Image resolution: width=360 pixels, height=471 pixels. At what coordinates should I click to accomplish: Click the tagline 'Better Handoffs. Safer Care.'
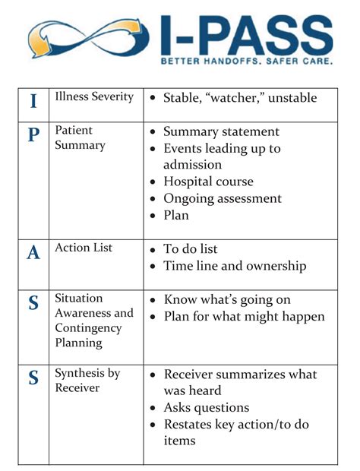click(x=247, y=61)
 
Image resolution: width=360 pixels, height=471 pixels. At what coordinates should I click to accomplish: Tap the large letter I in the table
click(x=33, y=101)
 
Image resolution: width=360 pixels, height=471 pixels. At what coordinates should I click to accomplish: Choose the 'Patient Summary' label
click(x=80, y=138)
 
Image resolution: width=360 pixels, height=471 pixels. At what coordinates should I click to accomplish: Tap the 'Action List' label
click(x=84, y=248)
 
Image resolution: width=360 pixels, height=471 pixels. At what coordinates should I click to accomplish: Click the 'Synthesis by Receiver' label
click(x=87, y=381)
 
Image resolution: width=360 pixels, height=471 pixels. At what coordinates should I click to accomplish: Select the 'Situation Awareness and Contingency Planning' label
click(x=93, y=320)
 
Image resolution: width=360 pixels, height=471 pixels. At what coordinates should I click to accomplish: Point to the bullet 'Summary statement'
click(x=221, y=132)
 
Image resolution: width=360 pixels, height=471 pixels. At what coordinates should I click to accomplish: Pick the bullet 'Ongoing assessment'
click(x=222, y=198)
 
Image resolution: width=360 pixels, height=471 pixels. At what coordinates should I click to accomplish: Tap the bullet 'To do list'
click(x=201, y=249)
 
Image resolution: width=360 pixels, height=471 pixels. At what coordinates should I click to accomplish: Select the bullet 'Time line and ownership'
click(x=235, y=266)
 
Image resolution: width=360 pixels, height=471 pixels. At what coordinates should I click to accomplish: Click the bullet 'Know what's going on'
click(x=227, y=299)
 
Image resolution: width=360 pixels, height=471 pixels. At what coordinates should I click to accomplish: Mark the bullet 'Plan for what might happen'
click(x=244, y=316)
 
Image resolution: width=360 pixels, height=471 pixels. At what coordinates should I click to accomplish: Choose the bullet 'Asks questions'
click(x=207, y=408)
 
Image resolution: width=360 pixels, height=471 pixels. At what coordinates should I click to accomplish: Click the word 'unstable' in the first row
click(x=289, y=98)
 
